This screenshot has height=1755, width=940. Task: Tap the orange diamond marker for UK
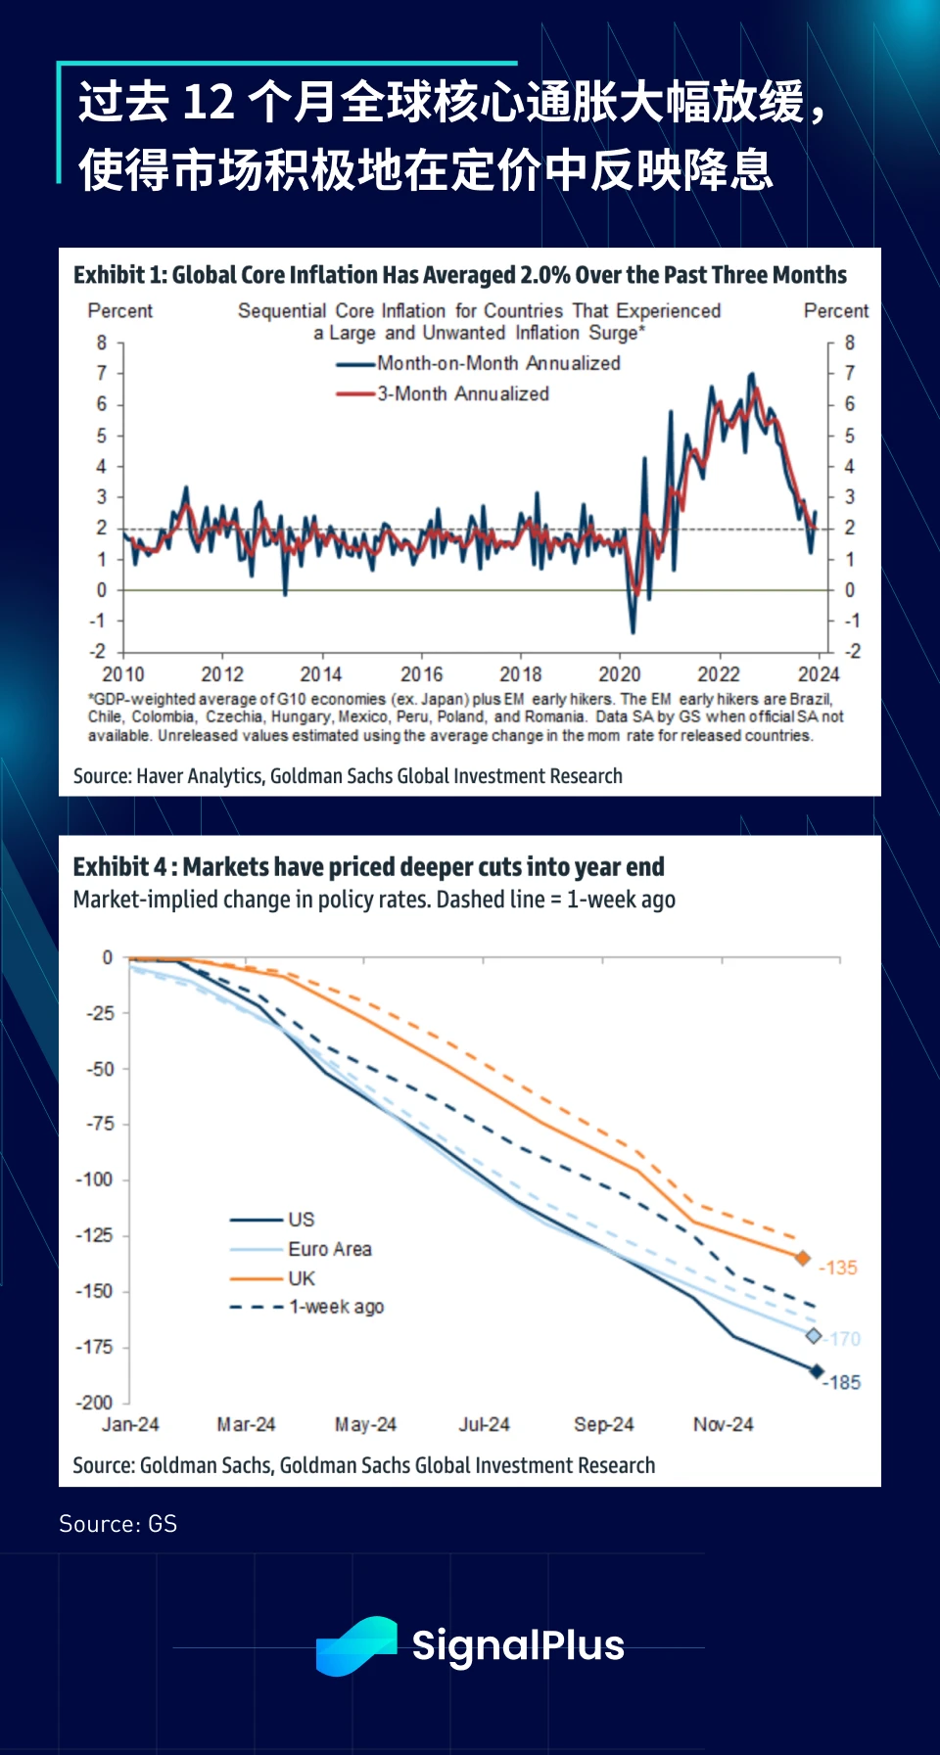pos(803,1258)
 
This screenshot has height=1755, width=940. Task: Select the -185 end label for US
pos(842,1382)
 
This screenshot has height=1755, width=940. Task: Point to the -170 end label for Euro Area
pos(844,1338)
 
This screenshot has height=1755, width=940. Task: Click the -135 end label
pos(838,1268)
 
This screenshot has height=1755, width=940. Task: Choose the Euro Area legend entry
pos(329,1249)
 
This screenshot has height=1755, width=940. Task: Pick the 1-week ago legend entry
pos(335,1307)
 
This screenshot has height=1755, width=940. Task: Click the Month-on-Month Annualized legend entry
pos(497,363)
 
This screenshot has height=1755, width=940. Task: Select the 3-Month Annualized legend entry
pos(462,393)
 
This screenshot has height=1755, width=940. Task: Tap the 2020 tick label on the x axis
pos(620,674)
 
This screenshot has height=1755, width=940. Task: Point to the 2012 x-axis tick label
pos(222,674)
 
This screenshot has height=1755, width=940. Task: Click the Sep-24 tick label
pos(604,1424)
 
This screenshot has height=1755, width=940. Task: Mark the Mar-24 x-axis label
pos(247,1424)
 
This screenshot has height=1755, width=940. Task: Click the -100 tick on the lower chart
pos(95,1179)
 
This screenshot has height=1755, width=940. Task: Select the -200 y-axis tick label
pos(95,1402)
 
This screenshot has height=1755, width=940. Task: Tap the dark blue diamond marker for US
pos(817,1371)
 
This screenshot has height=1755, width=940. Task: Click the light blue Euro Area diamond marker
pos(814,1336)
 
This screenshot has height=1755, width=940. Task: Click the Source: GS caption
pos(118,1524)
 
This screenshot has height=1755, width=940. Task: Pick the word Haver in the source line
pos(160,776)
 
